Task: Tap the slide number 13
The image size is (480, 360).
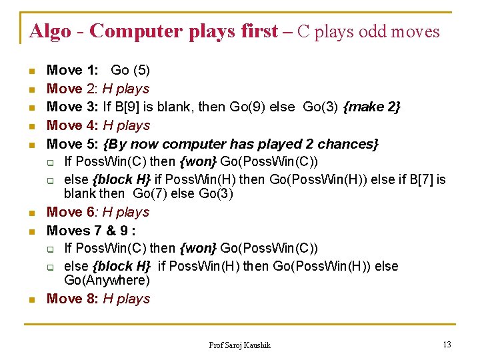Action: pyautogui.click(x=447, y=345)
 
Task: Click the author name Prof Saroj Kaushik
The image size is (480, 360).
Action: pyautogui.click(x=240, y=345)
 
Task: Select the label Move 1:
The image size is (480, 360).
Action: pyautogui.click(x=73, y=70)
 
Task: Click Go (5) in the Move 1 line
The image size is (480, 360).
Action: pyautogui.click(x=130, y=70)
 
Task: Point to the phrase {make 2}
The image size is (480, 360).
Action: pyautogui.click(x=371, y=107)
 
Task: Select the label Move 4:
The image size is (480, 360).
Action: pyautogui.click(x=73, y=125)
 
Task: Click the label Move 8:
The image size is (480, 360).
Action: pyautogui.click(x=73, y=299)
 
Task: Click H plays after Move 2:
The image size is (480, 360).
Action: pyautogui.click(x=125, y=89)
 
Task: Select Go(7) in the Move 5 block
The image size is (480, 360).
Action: pyautogui.click(x=148, y=194)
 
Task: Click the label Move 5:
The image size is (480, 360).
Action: pyautogui.click(x=73, y=144)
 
